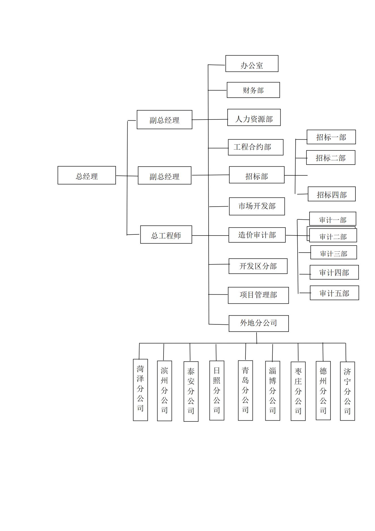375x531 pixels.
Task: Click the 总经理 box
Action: [x=86, y=175]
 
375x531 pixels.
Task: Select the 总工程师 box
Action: [x=166, y=235]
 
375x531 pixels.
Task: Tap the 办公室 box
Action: [x=252, y=64]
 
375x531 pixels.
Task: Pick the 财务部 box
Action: [x=253, y=90]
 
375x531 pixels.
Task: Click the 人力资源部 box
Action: [x=254, y=117]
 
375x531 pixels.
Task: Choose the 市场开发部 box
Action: [x=257, y=206]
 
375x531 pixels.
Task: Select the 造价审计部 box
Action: [x=257, y=235]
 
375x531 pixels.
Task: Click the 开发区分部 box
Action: [x=258, y=266]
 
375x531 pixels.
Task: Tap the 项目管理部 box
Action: [x=258, y=295]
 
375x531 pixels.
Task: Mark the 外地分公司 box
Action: [x=259, y=324]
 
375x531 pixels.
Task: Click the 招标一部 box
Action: [x=331, y=137]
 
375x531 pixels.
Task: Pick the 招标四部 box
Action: [x=332, y=194]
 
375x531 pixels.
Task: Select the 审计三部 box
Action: [x=333, y=253]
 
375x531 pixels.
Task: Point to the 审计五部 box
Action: [x=334, y=293]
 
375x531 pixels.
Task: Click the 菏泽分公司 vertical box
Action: [x=140, y=390]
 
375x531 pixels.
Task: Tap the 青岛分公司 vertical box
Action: [x=245, y=390]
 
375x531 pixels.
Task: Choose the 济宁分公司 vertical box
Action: [x=347, y=391]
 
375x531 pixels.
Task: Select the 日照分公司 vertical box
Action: [x=217, y=390]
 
